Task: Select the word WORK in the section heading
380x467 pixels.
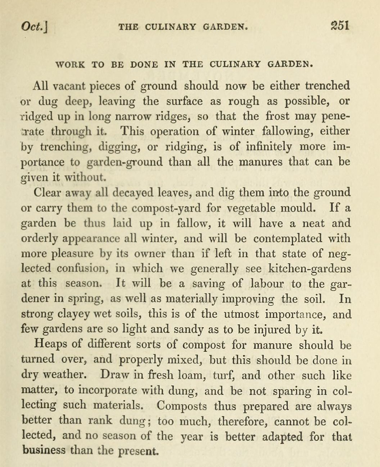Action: click(x=70, y=65)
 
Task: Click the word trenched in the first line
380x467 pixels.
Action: click(x=327, y=86)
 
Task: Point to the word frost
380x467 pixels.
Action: click(x=277, y=116)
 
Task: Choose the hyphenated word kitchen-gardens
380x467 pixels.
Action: click(x=310, y=269)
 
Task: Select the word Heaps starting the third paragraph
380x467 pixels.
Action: click(x=50, y=344)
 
